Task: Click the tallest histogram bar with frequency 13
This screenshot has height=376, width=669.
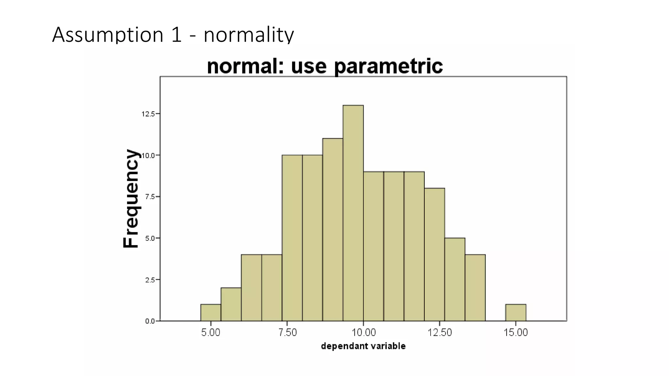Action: click(353, 213)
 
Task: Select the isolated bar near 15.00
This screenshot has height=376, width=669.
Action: click(515, 313)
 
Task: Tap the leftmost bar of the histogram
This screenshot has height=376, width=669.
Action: click(211, 313)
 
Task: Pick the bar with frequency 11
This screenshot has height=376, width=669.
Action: click(333, 229)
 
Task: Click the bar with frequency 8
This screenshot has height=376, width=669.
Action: click(434, 254)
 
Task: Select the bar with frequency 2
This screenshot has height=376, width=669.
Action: click(231, 304)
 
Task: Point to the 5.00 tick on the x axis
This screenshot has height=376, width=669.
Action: click(211, 333)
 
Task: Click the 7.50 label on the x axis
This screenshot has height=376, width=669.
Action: click(287, 333)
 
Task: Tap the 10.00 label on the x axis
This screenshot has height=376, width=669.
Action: click(364, 333)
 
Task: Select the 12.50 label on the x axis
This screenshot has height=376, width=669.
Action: click(440, 333)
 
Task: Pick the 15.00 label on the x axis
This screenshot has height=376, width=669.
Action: click(516, 333)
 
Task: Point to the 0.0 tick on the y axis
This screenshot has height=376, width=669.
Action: click(150, 321)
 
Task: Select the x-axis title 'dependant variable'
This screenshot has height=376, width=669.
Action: click(363, 346)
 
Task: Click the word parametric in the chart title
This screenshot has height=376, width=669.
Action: click(388, 66)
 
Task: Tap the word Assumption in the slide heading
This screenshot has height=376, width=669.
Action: click(107, 35)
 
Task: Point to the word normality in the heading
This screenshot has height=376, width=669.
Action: click(249, 35)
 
